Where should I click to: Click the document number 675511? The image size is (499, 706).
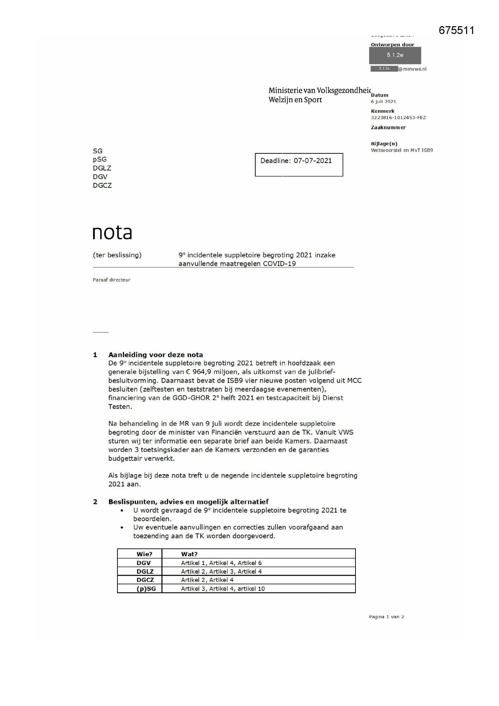pyautogui.click(x=456, y=31)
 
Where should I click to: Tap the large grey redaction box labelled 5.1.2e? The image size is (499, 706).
pyautogui.click(x=395, y=56)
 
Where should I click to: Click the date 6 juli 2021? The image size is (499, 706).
pyautogui.click(x=383, y=101)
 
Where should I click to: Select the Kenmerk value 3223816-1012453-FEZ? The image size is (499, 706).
pyautogui.click(x=398, y=118)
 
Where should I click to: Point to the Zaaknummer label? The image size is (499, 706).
pyautogui.click(x=388, y=127)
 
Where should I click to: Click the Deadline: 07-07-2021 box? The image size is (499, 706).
pyautogui.click(x=299, y=164)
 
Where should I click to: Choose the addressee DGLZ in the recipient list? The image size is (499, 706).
pyautogui.click(x=102, y=168)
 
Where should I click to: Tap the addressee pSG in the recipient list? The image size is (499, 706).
pyautogui.click(x=100, y=159)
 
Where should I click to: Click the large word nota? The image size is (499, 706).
pyautogui.click(x=112, y=233)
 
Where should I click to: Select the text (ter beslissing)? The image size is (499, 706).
pyautogui.click(x=117, y=255)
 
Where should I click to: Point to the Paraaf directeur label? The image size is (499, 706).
pyautogui.click(x=111, y=280)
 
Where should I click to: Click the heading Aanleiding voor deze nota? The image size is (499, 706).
pyautogui.click(x=156, y=355)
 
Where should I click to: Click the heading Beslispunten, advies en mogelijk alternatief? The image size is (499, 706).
pyautogui.click(x=188, y=502)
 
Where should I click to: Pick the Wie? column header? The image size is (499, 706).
pyautogui.click(x=144, y=554)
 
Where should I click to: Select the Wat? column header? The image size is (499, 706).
pyautogui.click(x=189, y=554)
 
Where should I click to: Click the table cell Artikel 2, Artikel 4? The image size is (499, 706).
pyautogui.click(x=207, y=580)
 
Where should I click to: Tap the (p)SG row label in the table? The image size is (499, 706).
pyautogui.click(x=146, y=588)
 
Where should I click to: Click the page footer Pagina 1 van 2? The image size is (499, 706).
pyautogui.click(x=386, y=617)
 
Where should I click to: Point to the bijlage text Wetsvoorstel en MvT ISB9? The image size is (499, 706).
pyautogui.click(x=402, y=150)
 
